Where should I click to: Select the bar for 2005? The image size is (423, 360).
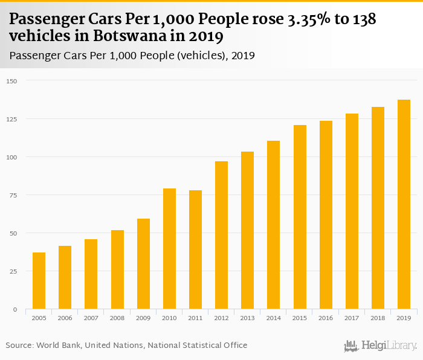(x=39, y=281)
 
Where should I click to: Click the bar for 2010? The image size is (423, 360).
(x=169, y=249)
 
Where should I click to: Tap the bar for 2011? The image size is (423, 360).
(x=195, y=249)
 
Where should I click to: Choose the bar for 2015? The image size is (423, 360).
(x=300, y=217)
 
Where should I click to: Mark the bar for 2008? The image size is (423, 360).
(x=117, y=269)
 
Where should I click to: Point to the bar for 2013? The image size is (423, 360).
(x=248, y=230)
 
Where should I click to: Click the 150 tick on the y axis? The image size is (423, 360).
(x=12, y=81)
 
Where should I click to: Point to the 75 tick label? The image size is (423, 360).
(x=13, y=195)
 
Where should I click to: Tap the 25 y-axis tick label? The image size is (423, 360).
(x=13, y=271)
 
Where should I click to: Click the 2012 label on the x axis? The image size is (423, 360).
(x=222, y=318)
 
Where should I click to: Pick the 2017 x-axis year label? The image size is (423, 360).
(x=352, y=318)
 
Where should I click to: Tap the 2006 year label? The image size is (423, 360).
(x=65, y=318)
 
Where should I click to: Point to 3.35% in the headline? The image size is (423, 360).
(x=309, y=19)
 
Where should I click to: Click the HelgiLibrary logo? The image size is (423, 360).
(x=381, y=346)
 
